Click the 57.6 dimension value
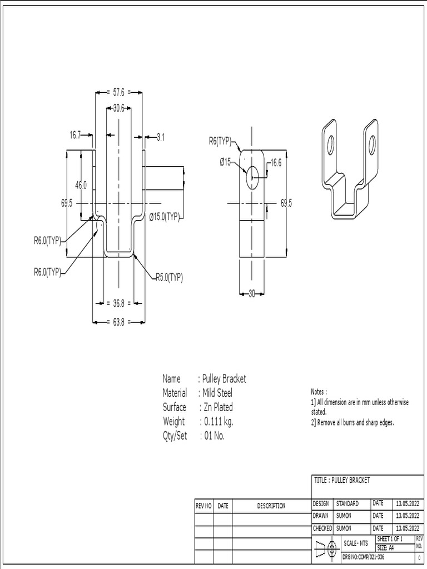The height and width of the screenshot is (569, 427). pos(118,93)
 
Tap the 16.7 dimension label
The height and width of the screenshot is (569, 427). pos(75,134)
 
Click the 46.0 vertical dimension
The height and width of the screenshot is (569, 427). pos(81,185)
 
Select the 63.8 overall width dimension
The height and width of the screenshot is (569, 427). pos(118,321)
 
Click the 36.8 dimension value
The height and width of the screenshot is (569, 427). pos(118,303)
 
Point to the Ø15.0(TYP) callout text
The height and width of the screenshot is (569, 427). pos(164,217)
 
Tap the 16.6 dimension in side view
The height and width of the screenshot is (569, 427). pos(276,163)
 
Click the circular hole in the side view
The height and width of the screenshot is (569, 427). pos(252,177)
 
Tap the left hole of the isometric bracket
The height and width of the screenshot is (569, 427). pos(330,146)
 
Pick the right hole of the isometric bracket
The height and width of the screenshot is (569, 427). pos(372,144)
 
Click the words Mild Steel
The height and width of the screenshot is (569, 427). pos(217,393)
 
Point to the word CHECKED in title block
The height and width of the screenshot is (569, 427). pos(322,528)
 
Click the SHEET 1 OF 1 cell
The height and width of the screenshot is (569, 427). pos(394,539)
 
